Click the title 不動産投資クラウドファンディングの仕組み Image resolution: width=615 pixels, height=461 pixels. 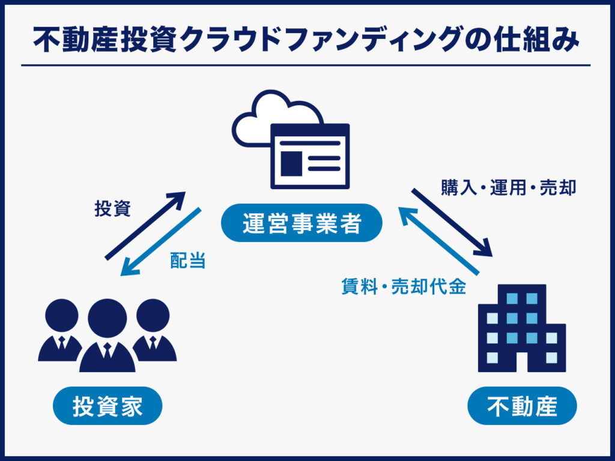click(306, 39)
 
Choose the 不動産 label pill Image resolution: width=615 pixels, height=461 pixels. click(522, 406)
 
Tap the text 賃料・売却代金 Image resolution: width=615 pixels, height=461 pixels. click(404, 287)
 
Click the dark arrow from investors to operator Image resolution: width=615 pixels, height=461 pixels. click(146, 226)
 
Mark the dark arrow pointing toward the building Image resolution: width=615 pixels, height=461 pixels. click(452, 221)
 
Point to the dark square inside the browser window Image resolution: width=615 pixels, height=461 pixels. click(291, 162)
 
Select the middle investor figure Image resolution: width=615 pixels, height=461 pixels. click(108, 336)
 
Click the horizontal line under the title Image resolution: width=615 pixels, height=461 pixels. click(306, 65)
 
